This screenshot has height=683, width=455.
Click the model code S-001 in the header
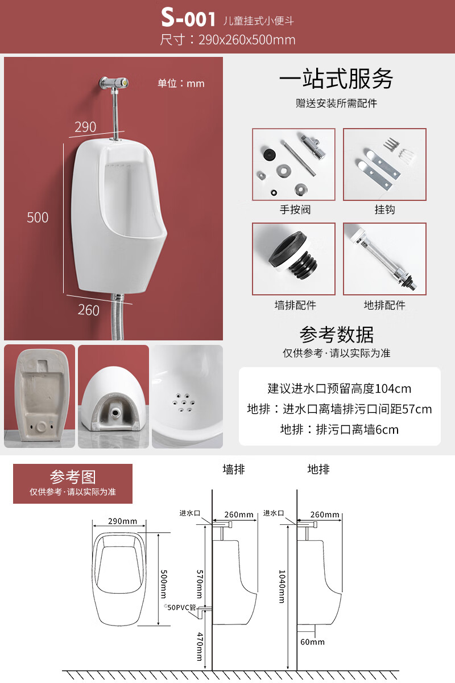point(188,18)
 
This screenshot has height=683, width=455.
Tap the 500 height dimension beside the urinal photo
point(38,217)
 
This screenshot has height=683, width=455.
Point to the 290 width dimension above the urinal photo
point(85,126)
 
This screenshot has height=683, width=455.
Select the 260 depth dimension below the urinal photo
point(88,310)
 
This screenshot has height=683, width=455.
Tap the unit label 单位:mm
point(181,83)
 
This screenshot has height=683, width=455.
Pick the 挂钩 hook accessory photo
point(384,164)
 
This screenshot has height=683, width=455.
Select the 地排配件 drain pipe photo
point(384,259)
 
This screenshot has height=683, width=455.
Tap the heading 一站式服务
point(336,79)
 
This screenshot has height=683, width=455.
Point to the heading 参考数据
point(337,334)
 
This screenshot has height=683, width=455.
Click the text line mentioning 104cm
point(340,389)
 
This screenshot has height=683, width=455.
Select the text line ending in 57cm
point(340,409)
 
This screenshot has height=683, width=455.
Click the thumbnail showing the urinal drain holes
point(187,396)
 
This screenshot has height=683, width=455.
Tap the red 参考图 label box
point(73,483)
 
